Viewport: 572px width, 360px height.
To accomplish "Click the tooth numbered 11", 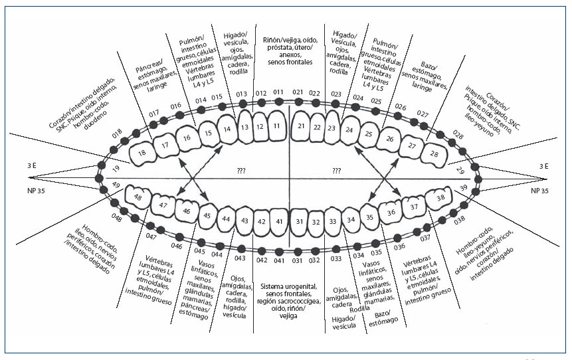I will [x=277, y=125].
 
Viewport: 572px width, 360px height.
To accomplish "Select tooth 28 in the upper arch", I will [x=434, y=155].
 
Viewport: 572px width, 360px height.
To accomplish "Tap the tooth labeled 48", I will [x=138, y=197].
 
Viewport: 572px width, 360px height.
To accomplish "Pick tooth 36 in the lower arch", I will [x=392, y=211].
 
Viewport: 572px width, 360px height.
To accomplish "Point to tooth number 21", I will [x=302, y=125].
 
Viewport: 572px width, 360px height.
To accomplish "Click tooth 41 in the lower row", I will [x=279, y=221].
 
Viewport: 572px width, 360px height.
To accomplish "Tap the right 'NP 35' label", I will [x=541, y=190].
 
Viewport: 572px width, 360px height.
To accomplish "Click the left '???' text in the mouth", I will [x=241, y=171].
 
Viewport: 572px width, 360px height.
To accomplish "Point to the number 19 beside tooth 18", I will [x=116, y=170].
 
